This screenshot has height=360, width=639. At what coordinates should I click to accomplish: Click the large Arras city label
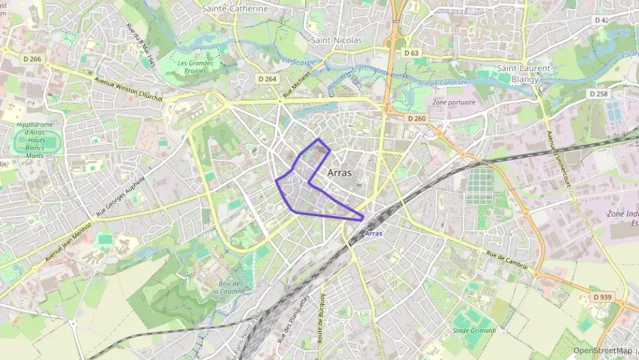click(340, 173)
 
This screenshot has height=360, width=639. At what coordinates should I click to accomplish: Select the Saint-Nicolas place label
click(336, 40)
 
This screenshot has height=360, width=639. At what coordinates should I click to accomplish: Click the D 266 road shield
click(31, 59)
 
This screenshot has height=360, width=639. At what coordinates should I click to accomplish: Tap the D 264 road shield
click(268, 79)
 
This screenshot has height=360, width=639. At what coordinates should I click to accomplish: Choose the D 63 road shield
click(411, 53)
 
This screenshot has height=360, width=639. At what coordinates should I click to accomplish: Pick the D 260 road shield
click(416, 118)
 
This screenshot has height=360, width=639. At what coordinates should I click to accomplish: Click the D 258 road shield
click(597, 94)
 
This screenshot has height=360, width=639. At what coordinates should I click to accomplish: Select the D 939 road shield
click(602, 297)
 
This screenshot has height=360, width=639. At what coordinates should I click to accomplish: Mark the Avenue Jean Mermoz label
click(68, 242)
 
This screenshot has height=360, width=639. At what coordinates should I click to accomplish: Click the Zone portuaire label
click(454, 102)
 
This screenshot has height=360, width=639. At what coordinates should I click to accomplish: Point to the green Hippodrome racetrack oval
click(38, 142)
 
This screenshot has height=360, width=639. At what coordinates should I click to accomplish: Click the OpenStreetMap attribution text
click(601, 350)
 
